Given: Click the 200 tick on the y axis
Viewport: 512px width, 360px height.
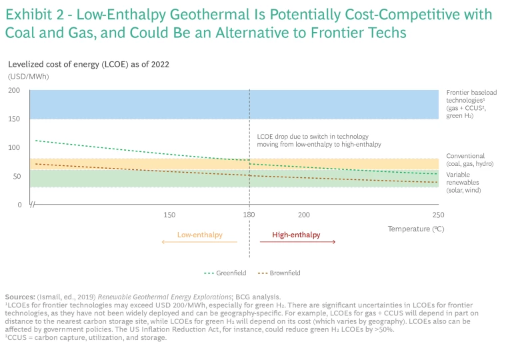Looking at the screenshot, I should (x=15, y=91).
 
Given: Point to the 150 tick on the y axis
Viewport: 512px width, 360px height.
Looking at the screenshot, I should (x=15, y=119).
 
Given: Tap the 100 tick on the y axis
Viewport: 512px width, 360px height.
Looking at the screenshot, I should (x=15, y=147).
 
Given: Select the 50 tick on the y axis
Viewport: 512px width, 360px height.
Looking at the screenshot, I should (x=17, y=177).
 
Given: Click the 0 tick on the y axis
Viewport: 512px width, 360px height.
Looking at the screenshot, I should (x=19, y=205).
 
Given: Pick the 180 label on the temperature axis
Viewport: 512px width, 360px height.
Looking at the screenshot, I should (x=249, y=215).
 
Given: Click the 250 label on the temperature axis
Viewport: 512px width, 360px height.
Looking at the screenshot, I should (x=438, y=215).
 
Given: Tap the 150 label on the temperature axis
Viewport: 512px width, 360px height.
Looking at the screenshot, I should (x=169, y=215).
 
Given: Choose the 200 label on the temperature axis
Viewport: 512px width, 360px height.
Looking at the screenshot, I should (x=304, y=215).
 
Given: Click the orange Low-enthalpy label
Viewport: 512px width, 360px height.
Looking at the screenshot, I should (x=199, y=235).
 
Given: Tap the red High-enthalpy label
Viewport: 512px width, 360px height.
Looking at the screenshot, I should (x=296, y=235).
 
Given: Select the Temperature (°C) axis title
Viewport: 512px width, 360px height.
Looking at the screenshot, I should (x=416, y=229).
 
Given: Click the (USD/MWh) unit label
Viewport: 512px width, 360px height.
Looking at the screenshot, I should (x=28, y=76).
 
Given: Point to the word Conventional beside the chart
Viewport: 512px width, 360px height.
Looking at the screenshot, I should (x=465, y=156).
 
